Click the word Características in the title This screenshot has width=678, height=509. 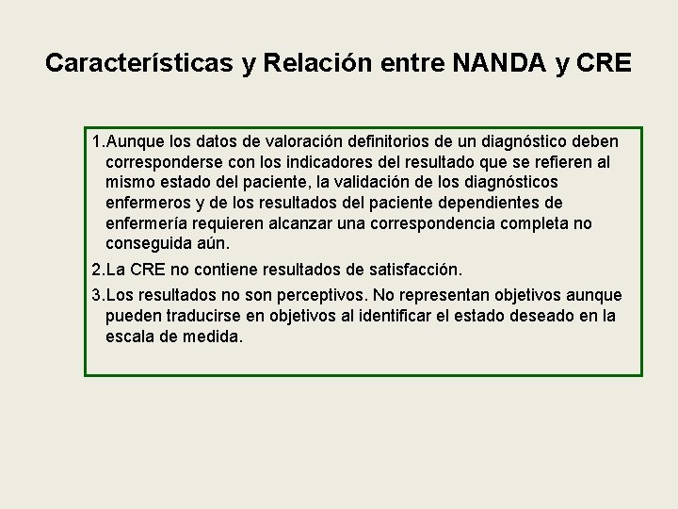tap(141, 63)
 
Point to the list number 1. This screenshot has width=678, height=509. tap(98, 141)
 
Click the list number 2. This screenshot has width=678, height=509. tap(98, 270)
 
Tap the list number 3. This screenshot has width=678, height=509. tap(98, 296)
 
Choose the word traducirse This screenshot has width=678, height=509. tap(207, 316)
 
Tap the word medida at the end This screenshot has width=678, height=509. tap(214, 337)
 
